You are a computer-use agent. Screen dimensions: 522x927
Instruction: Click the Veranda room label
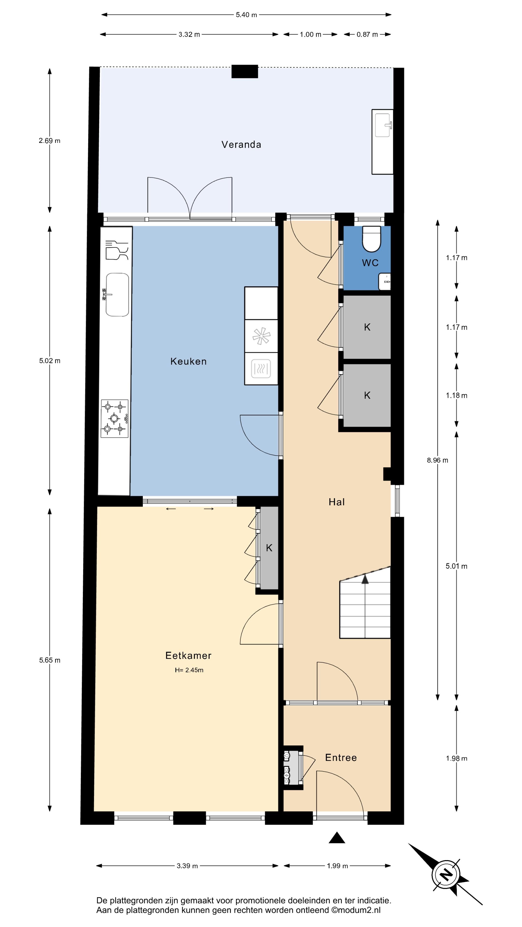click(241, 145)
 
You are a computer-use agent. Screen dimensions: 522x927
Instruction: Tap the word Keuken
click(188, 361)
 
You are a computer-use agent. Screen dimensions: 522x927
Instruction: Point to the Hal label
click(336, 502)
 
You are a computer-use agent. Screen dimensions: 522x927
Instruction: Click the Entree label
click(341, 758)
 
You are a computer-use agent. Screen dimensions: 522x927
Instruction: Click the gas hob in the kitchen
click(115, 419)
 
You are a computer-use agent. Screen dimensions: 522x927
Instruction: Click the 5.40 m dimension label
click(246, 15)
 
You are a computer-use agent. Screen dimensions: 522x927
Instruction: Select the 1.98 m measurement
click(457, 758)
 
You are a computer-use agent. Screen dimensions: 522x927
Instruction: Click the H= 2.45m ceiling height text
click(189, 670)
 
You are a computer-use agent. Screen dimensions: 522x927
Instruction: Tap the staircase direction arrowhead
click(365, 579)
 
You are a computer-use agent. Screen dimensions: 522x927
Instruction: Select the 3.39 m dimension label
click(187, 866)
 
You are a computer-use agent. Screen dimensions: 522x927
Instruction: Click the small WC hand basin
click(385, 282)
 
